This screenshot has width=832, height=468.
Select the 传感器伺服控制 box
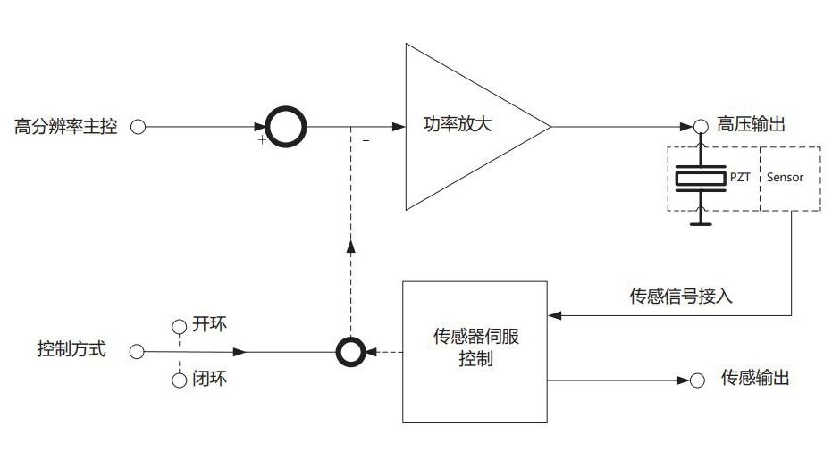pos(475,350)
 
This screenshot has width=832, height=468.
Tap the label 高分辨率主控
pos(66,126)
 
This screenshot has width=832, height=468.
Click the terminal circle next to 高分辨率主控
pos(139,126)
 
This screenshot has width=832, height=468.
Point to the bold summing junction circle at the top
pos(286,126)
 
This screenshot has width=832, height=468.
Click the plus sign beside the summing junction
pos(262,141)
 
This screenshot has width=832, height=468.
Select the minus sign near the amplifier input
pos(366,141)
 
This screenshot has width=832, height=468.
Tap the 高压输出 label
pos(752,125)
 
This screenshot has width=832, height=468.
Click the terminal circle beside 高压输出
pos(702,126)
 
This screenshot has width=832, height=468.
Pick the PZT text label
pos(740,177)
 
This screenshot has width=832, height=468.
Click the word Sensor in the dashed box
pos(786,177)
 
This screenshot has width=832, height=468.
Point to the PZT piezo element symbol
pos(701,179)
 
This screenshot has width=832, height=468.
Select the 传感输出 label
pos(755,379)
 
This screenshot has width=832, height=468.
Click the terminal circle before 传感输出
pos(698,380)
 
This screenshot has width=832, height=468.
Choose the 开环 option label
pos(210,323)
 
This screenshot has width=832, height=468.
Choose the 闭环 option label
pos(210,380)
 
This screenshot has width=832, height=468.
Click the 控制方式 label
pos(71,350)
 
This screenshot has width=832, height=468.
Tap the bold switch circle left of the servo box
pos(349,352)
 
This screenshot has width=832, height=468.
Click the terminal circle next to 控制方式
pos(137,352)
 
